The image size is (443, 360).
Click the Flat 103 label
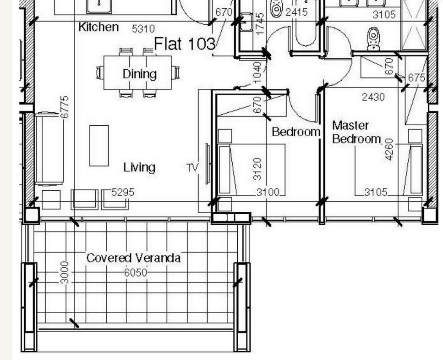click(x=185, y=44)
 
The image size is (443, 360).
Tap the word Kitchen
click(x=98, y=27)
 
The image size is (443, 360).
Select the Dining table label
click(x=139, y=74)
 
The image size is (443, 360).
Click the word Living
click(x=139, y=167)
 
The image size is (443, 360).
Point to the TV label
click(x=193, y=167)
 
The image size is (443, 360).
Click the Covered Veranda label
click(x=133, y=258)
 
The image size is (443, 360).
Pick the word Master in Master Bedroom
click(x=350, y=125)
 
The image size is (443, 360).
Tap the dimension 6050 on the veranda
click(x=136, y=272)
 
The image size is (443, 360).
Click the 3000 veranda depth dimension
click(x=65, y=272)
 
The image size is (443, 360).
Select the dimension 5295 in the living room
click(x=123, y=192)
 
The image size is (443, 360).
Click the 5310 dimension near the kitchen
click(x=143, y=28)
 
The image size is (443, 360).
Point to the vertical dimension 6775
click(x=65, y=107)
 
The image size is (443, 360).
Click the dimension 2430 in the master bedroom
click(x=373, y=97)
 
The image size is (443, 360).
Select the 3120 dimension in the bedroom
click(x=257, y=169)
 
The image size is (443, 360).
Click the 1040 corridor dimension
click(x=257, y=72)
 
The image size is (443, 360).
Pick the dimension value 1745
click(x=260, y=24)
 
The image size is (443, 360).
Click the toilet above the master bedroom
click(x=373, y=39)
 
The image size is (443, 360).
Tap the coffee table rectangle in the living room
click(x=99, y=146)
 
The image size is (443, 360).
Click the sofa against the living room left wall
click(x=49, y=149)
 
